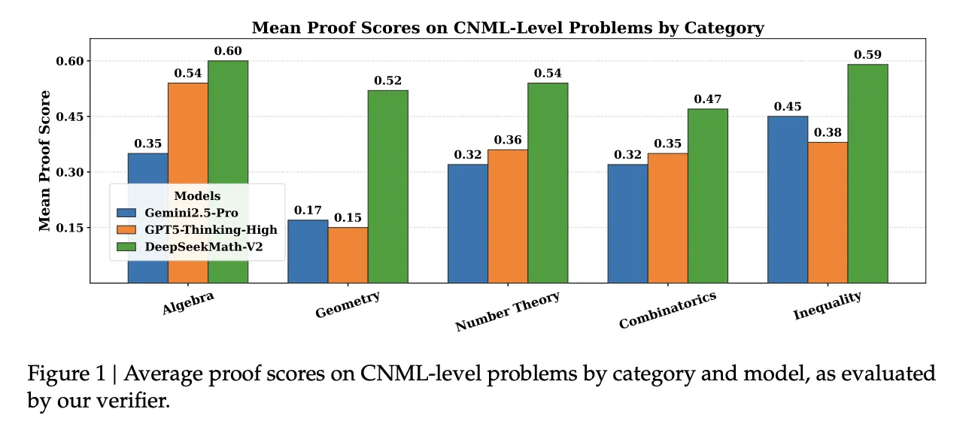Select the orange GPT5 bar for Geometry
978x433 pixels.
[348, 255]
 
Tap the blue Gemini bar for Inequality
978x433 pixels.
[788, 199]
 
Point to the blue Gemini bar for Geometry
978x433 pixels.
[308, 251]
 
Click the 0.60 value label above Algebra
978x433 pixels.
[228, 51]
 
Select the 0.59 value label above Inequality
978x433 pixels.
[867, 55]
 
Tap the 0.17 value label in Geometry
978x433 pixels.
[308, 210]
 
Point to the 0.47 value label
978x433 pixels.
[708, 99]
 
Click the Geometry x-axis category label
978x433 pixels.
[348, 304]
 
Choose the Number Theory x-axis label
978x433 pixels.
[508, 311]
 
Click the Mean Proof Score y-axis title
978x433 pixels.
[45, 161]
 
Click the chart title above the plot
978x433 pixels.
[508, 29]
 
